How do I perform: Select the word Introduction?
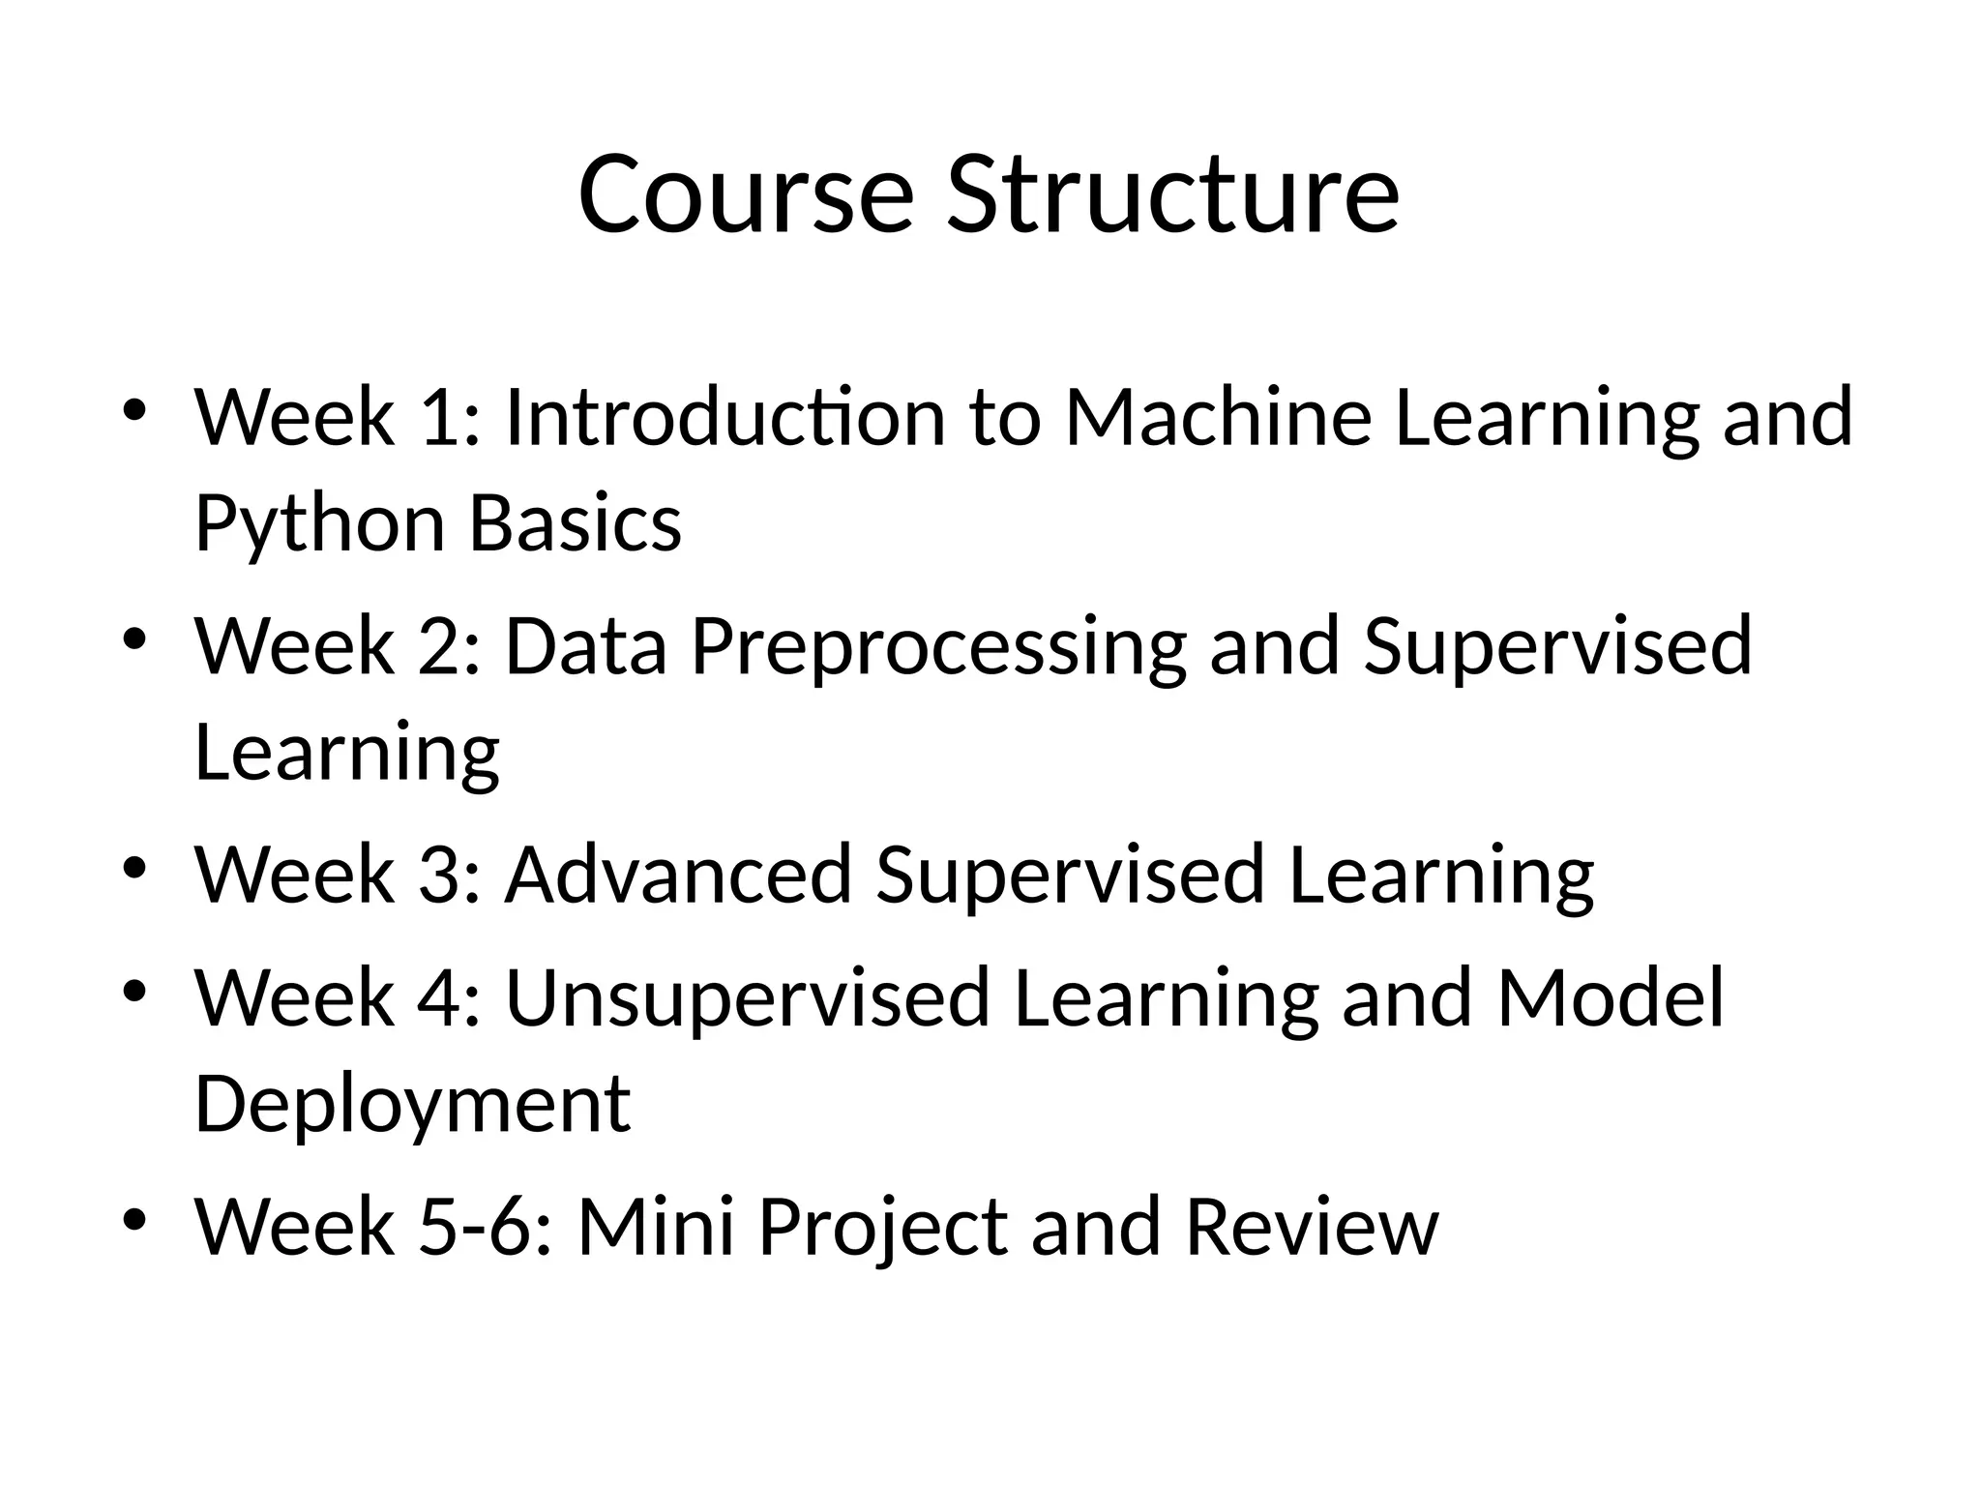coord(724,417)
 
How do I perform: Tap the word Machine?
coord(1218,417)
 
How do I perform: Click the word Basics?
coord(576,523)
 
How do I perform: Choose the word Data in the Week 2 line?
coord(586,645)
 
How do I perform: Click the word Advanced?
coord(678,875)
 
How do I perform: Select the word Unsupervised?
coord(747,999)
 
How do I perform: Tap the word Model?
coord(1611,997)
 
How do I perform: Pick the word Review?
coord(1312,1227)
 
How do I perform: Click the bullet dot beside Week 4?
coord(134,991)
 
